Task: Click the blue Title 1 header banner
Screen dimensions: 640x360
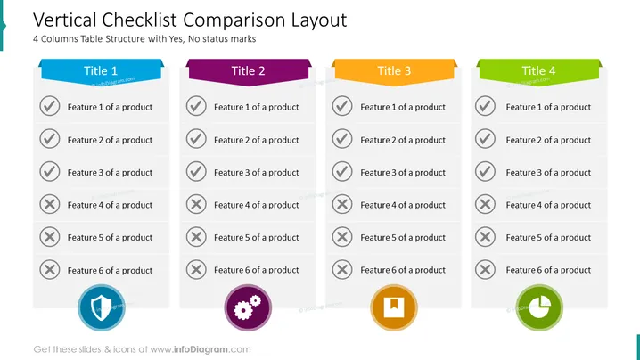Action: click(102, 72)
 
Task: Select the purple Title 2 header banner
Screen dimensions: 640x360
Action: click(248, 72)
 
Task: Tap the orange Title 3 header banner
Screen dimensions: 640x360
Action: click(394, 72)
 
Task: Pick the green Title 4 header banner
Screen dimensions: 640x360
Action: click(539, 72)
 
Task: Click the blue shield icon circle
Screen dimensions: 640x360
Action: click(102, 307)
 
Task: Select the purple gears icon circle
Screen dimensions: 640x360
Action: click(248, 307)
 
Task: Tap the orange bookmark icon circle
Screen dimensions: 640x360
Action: click(394, 307)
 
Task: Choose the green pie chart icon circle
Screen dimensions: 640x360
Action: click(539, 307)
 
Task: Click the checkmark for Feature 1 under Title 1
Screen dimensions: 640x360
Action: click(50, 106)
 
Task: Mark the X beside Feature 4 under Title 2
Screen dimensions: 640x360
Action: click(196, 204)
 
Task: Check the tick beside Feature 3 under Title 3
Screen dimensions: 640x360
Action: click(342, 171)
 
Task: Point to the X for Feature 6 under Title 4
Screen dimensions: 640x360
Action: click(485, 269)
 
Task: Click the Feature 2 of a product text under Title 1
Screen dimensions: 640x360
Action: click(110, 140)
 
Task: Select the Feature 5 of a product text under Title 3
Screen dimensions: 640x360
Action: click(403, 238)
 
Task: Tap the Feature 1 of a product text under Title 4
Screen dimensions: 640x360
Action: click(548, 107)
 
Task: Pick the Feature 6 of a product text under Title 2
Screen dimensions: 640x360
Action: click(257, 270)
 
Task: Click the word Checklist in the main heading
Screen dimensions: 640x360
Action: click(139, 20)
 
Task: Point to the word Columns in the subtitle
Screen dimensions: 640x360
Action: click(59, 39)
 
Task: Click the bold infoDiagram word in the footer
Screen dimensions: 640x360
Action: click(201, 349)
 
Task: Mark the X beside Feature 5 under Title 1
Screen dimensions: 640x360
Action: click(50, 237)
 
